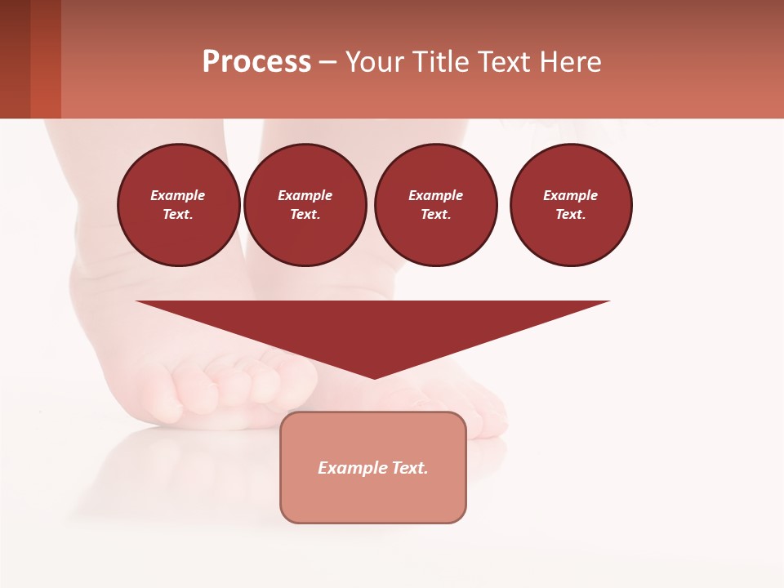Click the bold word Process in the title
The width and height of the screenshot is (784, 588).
[x=256, y=62]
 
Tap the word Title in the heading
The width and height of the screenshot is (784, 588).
[x=439, y=62]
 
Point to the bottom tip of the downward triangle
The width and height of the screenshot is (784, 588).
[x=375, y=377]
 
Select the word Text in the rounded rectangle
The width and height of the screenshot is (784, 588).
[x=410, y=468]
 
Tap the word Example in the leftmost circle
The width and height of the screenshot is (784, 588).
[x=178, y=195]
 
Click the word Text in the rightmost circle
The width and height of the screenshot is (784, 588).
[x=570, y=215]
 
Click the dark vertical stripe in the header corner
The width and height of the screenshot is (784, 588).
[x=15, y=59]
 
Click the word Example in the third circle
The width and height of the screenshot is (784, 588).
[x=435, y=195]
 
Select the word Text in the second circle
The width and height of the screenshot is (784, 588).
[x=304, y=215]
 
